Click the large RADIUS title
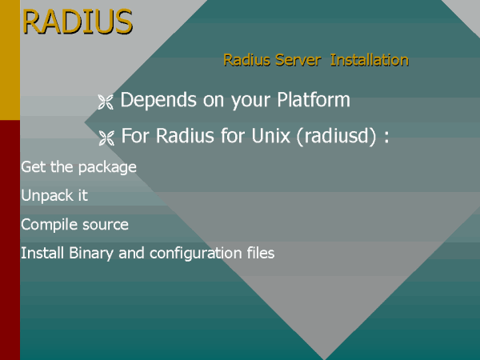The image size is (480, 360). point(78,22)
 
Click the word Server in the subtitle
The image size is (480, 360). point(298,60)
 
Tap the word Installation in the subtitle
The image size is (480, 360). point(370,60)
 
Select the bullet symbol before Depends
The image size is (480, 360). point(106,102)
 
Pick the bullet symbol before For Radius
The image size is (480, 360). point(106,138)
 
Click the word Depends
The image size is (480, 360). point(158,100)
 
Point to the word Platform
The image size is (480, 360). point(314,99)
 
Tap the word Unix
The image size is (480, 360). point(270,135)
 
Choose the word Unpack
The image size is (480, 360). point(45,196)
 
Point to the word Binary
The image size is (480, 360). point(91,254)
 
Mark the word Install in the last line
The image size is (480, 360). point(42,253)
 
